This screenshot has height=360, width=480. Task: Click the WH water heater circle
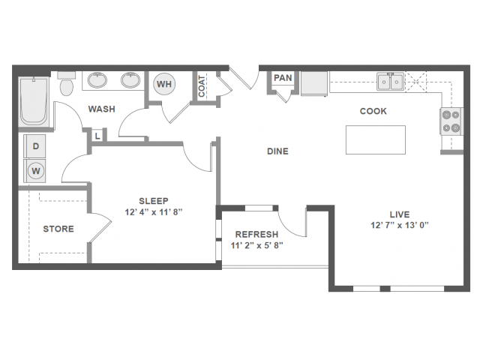(164, 84)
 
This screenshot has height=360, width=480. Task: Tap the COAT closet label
(202, 85)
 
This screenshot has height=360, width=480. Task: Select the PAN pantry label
(283, 78)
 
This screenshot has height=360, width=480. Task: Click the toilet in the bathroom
(66, 85)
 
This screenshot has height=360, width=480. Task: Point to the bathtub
(34, 101)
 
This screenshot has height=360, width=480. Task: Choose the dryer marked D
(35, 147)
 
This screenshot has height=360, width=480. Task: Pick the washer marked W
(35, 170)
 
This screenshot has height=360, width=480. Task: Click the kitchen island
(375, 139)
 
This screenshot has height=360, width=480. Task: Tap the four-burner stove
(451, 121)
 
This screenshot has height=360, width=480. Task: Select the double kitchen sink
(390, 81)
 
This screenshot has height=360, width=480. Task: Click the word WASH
(101, 109)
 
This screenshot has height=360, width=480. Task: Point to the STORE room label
(58, 229)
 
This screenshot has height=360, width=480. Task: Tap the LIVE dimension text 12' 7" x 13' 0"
(400, 225)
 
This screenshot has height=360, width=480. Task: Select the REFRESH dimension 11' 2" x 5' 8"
(256, 244)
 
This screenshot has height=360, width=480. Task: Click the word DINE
(277, 151)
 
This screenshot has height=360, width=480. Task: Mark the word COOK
(373, 111)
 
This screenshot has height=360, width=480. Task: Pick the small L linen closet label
(97, 136)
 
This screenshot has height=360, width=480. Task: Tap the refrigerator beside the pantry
(314, 83)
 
